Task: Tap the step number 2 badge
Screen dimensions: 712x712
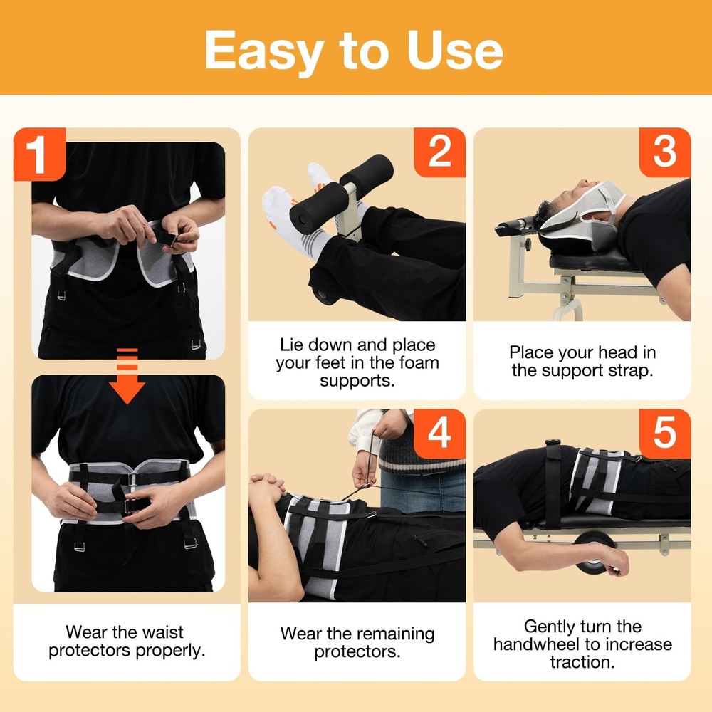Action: (x=439, y=152)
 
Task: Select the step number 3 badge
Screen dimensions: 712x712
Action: (x=664, y=152)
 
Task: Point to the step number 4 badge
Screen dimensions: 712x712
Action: (x=439, y=434)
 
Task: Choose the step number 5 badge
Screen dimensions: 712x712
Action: (x=664, y=434)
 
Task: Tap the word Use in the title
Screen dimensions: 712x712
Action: (x=456, y=49)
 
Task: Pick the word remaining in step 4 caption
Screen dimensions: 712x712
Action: (x=396, y=633)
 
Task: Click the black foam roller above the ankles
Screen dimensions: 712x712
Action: (x=366, y=172)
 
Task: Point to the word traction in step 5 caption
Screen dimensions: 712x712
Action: (x=581, y=662)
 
